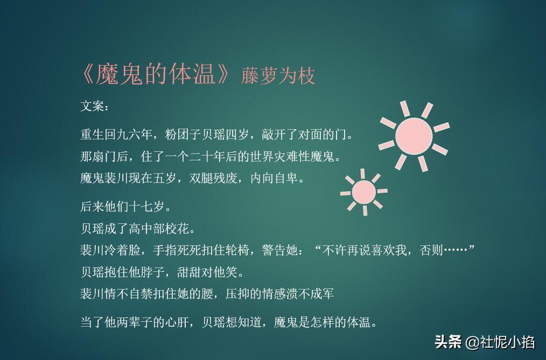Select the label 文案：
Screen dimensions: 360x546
[95, 106]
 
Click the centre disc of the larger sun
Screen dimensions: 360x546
[414, 136]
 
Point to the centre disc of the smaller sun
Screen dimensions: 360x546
[364, 192]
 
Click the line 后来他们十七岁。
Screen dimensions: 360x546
[125, 207]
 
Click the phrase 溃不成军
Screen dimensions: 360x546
[310, 293]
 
